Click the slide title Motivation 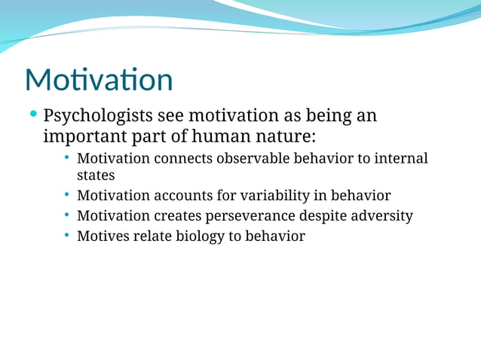(x=99, y=80)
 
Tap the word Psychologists (x=96, y=117)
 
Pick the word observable (x=256, y=159)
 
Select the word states (x=96, y=175)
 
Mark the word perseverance (x=253, y=216)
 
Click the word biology (x=200, y=236)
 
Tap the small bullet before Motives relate (x=67, y=236)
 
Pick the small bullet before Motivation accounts (x=67, y=195)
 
